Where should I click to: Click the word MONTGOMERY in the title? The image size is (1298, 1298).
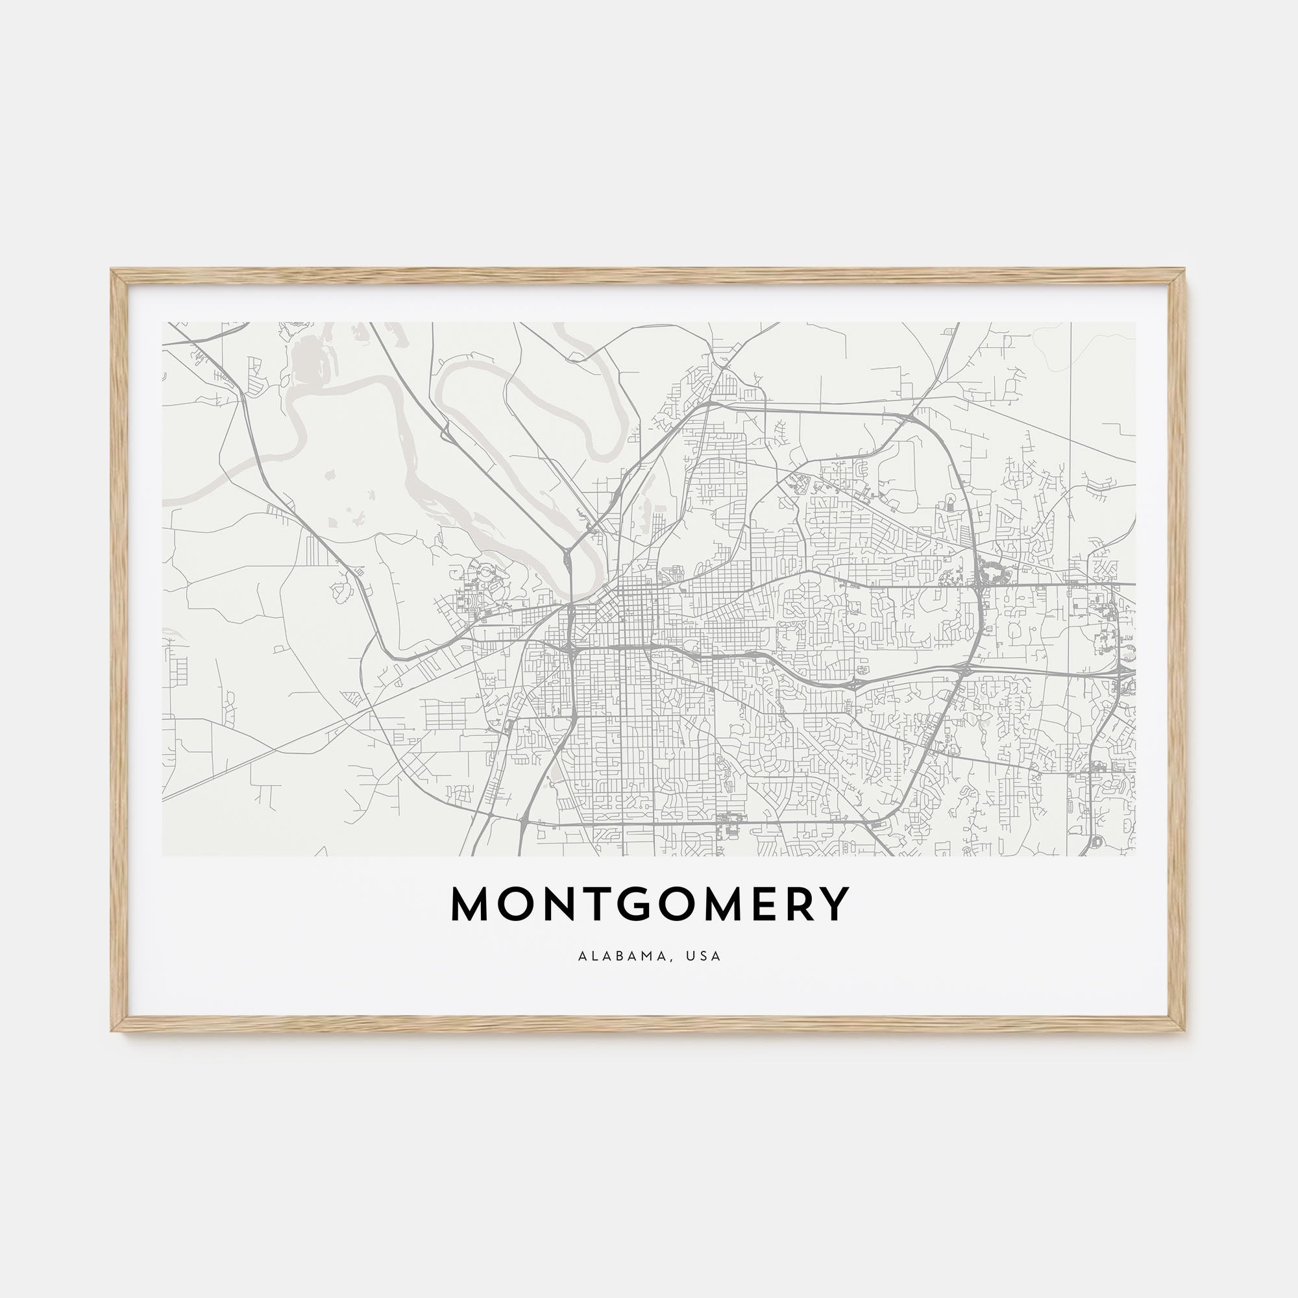pyautogui.click(x=649, y=904)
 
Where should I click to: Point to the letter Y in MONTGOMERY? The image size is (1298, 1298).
pyautogui.click(x=835, y=904)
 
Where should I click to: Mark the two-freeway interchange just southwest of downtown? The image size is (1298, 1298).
pyautogui.click(x=570, y=650)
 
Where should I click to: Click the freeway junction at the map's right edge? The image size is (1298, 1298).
pyautogui.click(x=1129, y=672)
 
